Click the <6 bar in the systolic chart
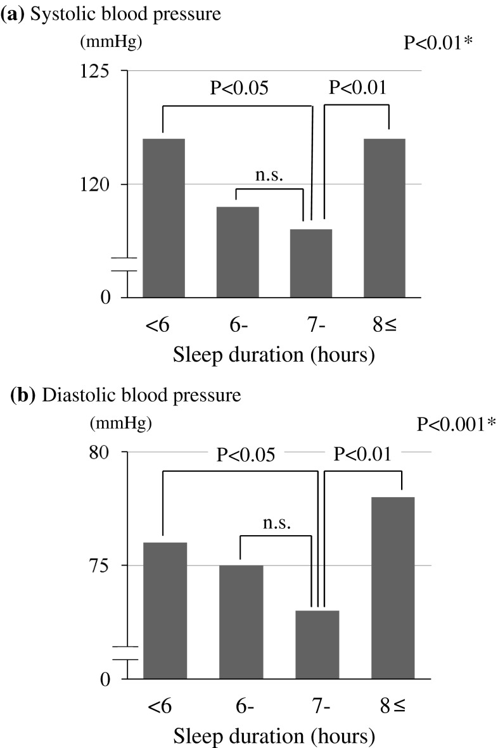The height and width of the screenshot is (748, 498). tap(163, 218)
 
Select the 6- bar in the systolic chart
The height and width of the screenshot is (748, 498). tap(238, 252)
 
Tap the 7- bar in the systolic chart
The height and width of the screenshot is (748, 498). tap(311, 263)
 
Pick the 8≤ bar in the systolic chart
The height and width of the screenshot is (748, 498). tap(385, 218)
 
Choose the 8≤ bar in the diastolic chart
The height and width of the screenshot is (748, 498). tap(393, 588)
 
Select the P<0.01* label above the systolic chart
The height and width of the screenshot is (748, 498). tap(438, 43)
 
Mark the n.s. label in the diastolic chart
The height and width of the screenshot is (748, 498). tap(277, 523)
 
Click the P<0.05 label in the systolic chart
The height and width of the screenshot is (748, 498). tap(239, 88)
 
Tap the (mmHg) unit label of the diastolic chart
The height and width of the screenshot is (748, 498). tap(120, 423)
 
